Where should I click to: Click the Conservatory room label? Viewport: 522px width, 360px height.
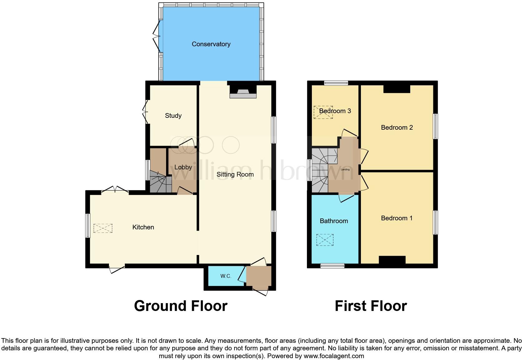[211, 44]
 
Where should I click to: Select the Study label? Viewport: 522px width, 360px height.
[173, 116]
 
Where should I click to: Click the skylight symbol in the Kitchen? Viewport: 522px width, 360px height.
[103, 228]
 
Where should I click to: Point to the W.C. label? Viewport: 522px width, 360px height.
[225, 276]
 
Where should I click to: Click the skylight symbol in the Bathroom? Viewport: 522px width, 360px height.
[325, 240]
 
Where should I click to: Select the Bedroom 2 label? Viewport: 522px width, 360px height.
[397, 127]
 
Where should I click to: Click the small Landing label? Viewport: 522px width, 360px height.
[345, 169]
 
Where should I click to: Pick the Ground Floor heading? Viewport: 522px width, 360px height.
[180, 306]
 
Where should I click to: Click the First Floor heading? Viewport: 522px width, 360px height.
[371, 306]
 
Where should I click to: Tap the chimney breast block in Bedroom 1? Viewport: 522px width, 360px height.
[392, 260]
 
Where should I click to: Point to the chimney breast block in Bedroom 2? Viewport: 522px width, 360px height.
[396, 89]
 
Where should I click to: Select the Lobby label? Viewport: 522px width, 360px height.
[183, 167]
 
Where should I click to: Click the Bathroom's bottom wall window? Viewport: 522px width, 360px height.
[332, 266]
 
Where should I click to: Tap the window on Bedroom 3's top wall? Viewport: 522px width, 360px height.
[336, 83]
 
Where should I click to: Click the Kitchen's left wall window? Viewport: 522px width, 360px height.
[88, 225]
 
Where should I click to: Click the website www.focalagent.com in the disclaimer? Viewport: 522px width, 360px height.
[333, 356]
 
